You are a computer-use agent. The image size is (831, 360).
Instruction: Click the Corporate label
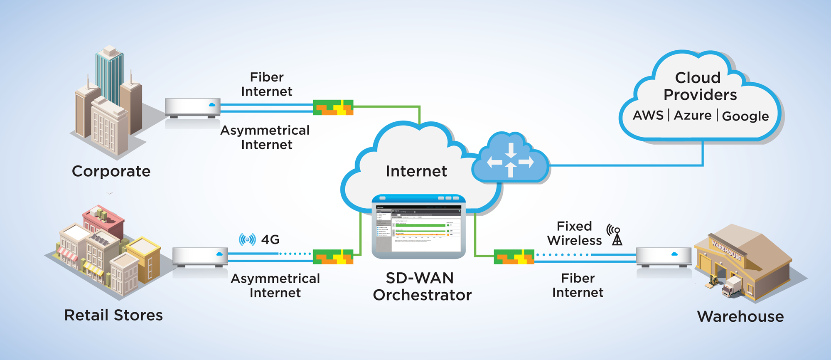(x=111, y=171)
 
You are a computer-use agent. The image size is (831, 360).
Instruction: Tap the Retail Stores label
(x=113, y=315)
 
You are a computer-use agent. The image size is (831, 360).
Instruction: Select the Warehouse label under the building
(x=740, y=317)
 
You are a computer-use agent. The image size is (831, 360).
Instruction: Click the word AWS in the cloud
(x=648, y=115)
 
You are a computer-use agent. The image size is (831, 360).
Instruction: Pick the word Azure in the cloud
(x=693, y=115)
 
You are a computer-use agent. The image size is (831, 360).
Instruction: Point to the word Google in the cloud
(x=745, y=116)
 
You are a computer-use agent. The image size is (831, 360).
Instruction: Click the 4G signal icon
(x=247, y=239)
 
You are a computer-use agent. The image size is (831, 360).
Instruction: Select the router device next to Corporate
(x=192, y=108)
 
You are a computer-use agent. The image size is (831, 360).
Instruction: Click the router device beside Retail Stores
(x=200, y=257)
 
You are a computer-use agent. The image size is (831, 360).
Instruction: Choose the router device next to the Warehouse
(x=664, y=257)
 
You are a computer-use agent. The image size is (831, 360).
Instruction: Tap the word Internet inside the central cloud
(x=416, y=171)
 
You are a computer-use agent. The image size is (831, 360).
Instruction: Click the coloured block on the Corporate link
(x=333, y=108)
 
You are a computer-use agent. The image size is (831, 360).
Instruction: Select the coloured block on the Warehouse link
(x=514, y=257)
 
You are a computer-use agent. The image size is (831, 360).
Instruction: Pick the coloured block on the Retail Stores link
(x=333, y=257)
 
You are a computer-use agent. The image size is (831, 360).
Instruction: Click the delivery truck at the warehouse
(x=732, y=287)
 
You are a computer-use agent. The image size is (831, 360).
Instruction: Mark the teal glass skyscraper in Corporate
(x=109, y=75)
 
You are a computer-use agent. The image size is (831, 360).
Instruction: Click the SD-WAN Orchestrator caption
(x=422, y=286)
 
